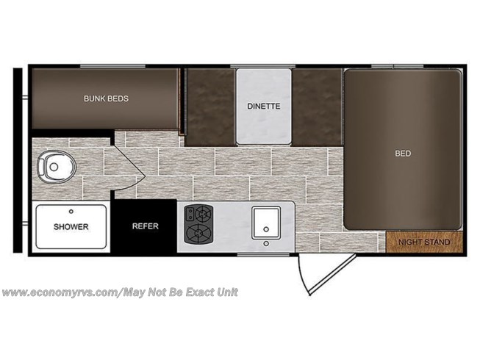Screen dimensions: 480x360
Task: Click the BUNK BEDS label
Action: coord(106,98)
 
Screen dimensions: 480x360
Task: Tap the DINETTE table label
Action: coord(264,106)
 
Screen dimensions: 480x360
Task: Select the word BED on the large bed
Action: coord(403,154)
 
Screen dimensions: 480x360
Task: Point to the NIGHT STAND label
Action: coord(424,242)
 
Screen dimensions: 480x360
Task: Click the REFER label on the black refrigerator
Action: coord(146,226)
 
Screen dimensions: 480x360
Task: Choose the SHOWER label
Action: coord(71,226)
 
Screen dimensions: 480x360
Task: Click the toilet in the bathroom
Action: coord(57,167)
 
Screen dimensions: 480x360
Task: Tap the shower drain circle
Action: coord(71,212)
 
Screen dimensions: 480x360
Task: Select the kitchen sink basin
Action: coord(266,223)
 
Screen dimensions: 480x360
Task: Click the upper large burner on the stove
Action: coord(203,213)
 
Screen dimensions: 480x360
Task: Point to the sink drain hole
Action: coord(266,229)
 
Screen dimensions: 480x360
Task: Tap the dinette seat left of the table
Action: coord(211,107)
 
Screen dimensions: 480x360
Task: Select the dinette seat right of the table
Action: coord(317,107)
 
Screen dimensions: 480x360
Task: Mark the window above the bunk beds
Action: coord(112,66)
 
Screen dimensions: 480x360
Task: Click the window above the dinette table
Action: coord(262,66)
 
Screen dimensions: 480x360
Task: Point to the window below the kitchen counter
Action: coord(263,254)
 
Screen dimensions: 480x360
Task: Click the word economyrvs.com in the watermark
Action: coord(74,292)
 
